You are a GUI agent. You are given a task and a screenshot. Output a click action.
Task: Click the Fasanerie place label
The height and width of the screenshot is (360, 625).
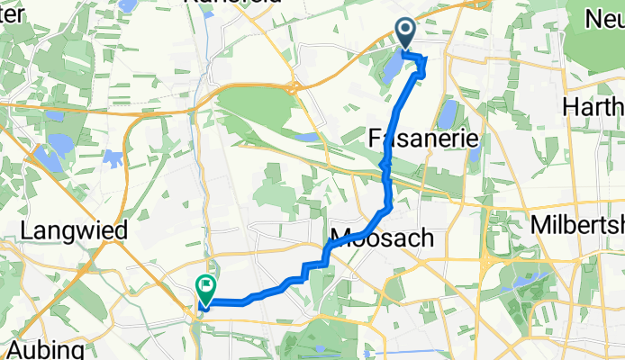422,138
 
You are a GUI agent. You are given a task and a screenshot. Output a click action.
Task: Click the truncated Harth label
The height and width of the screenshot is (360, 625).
593,107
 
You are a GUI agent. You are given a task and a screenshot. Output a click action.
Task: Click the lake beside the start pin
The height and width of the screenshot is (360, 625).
393,67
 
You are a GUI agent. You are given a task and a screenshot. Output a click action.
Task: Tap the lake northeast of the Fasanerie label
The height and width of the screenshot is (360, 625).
445,113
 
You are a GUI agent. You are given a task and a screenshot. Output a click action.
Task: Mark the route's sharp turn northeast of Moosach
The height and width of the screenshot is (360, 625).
389,208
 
